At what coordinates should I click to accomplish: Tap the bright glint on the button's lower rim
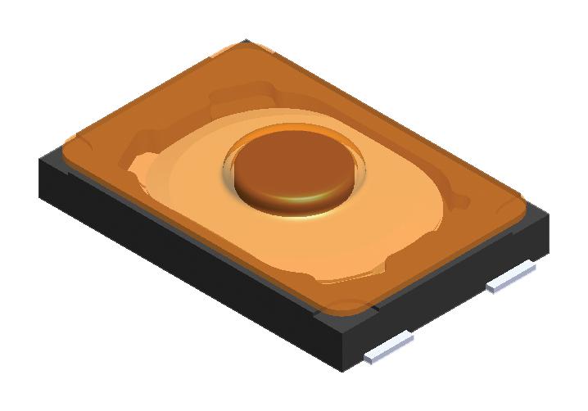pos(305,199)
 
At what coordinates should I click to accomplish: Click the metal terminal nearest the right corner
pos(509,277)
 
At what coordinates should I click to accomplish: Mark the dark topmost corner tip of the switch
pos(245,41)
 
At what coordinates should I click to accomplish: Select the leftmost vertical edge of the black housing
pos(43,176)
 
